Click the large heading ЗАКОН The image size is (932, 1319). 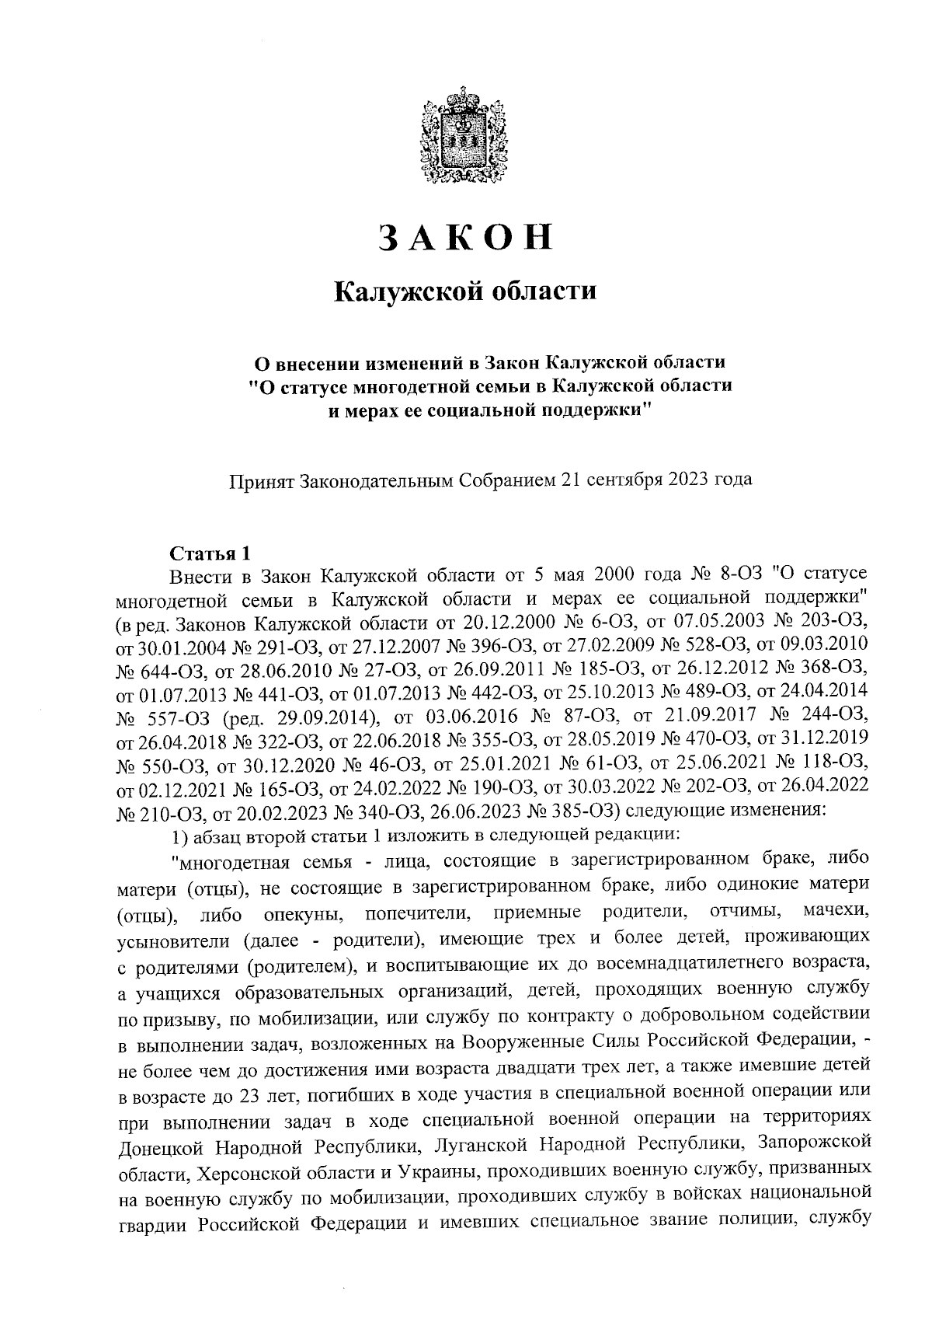(465, 238)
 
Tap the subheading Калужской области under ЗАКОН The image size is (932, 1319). (465, 292)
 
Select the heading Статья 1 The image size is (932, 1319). (210, 554)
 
